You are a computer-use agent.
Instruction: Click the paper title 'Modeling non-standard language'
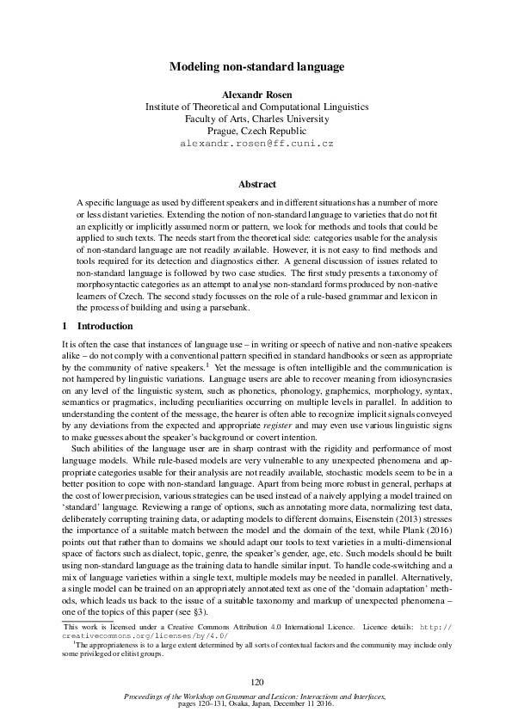coord(256,66)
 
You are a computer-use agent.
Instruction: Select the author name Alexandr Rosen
coord(256,95)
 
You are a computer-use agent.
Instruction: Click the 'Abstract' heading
coord(256,184)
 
